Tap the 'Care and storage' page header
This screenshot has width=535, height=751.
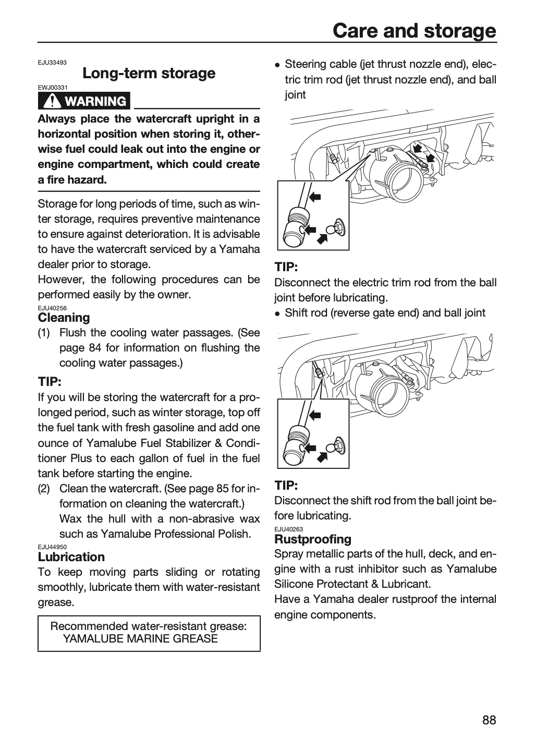(415, 31)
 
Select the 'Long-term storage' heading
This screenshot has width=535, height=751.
(149, 73)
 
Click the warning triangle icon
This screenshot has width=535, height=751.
(52, 101)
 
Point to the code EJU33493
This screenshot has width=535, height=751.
(52, 63)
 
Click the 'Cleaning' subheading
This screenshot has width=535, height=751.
(64, 318)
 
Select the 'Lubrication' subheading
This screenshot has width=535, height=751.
(71, 557)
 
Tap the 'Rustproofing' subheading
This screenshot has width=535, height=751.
(313, 539)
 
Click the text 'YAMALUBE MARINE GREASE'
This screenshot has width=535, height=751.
(140, 639)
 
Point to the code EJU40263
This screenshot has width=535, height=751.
(289, 529)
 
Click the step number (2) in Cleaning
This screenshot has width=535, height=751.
(44, 489)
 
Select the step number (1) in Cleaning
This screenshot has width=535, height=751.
(44, 333)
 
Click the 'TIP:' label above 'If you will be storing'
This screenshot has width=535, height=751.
(50, 382)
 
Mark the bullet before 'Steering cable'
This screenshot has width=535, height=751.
(277, 65)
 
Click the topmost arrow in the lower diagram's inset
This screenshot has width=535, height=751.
(315, 415)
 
